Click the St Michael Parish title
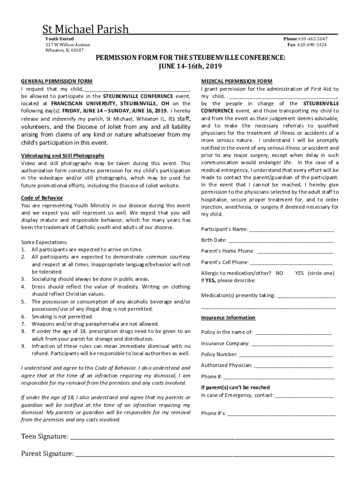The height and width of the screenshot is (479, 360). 86,29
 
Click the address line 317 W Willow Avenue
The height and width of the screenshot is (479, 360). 68,45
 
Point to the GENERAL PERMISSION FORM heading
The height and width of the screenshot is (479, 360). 57,81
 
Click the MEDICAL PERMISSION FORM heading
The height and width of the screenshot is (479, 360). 237,81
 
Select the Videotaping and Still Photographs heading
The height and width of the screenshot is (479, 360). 63,155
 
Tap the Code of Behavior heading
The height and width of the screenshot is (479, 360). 42,198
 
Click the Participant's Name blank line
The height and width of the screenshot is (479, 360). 292,230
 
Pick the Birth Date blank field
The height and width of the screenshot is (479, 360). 281,241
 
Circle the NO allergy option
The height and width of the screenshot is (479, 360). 279,273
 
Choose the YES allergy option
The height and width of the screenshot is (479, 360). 300,273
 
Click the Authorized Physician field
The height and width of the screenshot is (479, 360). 293,366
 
